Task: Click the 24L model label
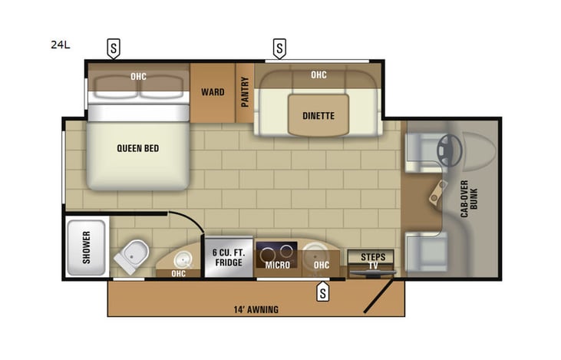[x=60, y=45]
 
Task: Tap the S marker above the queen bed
[x=114, y=49]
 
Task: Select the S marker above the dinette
[x=279, y=49]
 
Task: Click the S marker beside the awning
[x=323, y=292]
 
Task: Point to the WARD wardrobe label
[x=213, y=92]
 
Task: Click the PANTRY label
[x=245, y=92]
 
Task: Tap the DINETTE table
[x=318, y=117]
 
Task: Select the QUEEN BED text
[x=138, y=148]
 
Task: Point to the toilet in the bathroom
[x=132, y=254]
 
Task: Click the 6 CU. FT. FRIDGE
[x=227, y=256]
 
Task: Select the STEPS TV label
[x=373, y=260]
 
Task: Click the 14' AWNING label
[x=255, y=310]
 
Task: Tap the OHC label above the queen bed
[x=138, y=76]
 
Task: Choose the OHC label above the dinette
[x=318, y=74]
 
